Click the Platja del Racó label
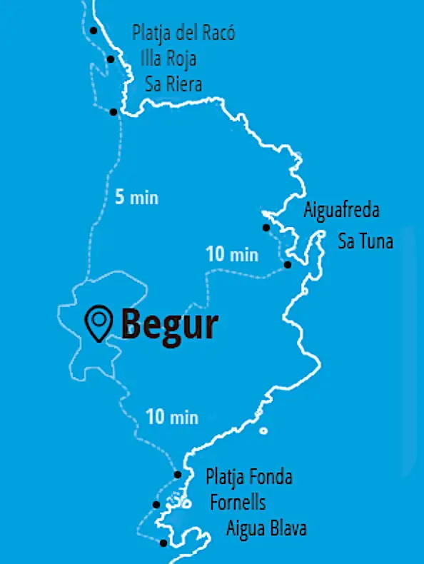click(x=183, y=33)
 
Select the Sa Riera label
click(x=173, y=84)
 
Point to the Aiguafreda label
click(x=342, y=211)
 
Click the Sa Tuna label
click(x=365, y=241)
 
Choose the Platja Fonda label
click(x=249, y=477)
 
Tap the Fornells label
click(x=238, y=503)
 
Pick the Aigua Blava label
click(x=267, y=529)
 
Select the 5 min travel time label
click(x=136, y=198)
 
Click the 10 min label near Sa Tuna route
click(x=231, y=253)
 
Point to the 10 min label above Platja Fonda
click(x=171, y=416)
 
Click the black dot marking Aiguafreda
click(x=266, y=228)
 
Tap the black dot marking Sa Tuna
click(x=287, y=265)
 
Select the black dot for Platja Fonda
click(x=177, y=475)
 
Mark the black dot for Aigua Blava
click(x=163, y=543)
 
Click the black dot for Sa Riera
click(x=113, y=111)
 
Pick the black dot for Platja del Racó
click(x=94, y=30)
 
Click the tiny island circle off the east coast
click(x=263, y=431)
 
